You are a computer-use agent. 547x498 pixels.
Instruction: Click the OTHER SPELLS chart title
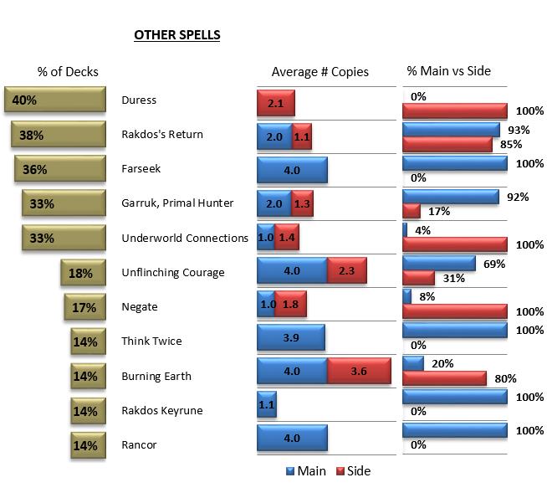[176, 36]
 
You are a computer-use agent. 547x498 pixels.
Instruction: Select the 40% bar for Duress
[54, 100]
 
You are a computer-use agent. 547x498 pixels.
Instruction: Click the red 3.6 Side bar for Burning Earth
[358, 372]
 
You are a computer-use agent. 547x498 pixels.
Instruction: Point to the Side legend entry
[353, 471]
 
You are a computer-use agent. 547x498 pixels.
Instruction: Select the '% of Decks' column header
[68, 72]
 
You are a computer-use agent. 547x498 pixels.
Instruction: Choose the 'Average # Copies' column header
[320, 72]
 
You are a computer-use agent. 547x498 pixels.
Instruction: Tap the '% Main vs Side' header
[448, 71]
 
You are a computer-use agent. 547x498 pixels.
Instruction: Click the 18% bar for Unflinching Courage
[83, 273]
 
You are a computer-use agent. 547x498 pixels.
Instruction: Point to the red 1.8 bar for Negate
[290, 303]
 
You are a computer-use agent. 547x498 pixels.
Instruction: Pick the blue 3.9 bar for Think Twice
[290, 337]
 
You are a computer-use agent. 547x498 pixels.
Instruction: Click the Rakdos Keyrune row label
[161, 410]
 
